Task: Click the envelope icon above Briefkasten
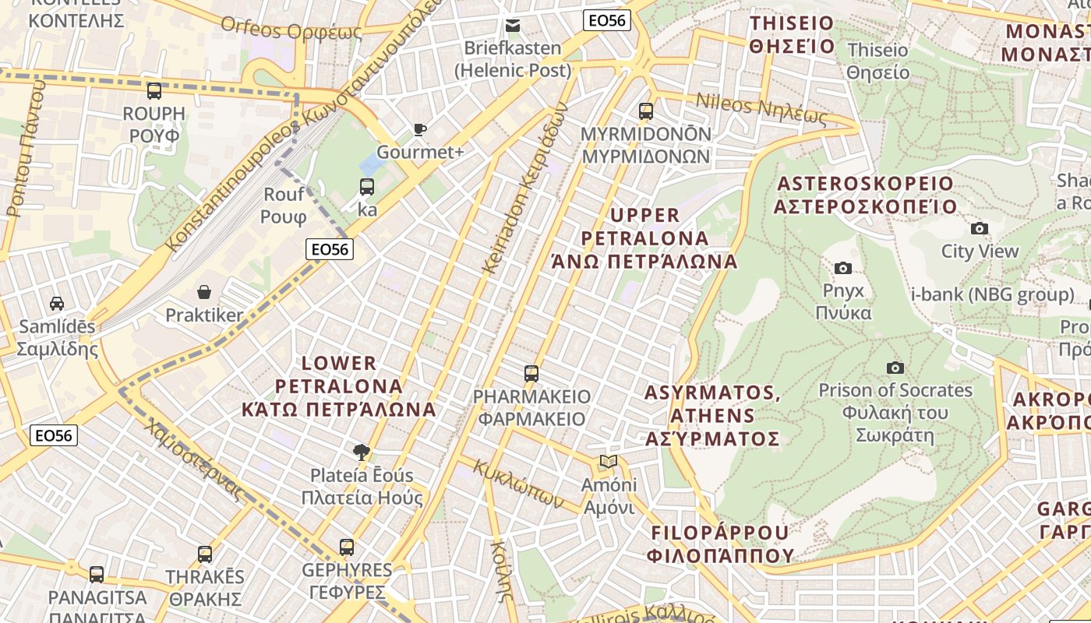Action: [513, 26]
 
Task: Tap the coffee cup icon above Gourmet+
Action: [420, 130]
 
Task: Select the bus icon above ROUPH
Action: [154, 91]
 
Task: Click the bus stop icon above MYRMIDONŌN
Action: [646, 111]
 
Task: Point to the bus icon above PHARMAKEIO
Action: [531, 374]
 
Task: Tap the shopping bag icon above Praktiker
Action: [204, 293]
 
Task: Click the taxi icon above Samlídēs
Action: [57, 303]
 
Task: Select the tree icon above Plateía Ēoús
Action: [361, 452]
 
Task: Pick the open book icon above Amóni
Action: [609, 462]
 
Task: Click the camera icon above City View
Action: [980, 229]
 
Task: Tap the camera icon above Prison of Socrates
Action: [895, 368]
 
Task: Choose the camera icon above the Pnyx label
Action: [843, 269]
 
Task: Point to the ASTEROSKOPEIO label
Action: [864, 195]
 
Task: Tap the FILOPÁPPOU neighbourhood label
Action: [720, 544]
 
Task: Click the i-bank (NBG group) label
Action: [993, 295]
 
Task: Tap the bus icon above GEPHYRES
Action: [347, 547]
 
